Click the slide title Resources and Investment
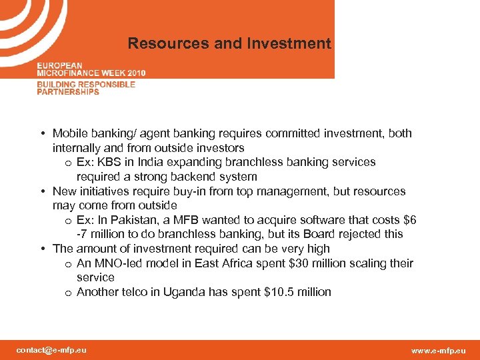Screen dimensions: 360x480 click(229, 44)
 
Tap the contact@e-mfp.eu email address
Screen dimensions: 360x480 click(51, 350)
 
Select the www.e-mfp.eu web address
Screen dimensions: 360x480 click(439, 351)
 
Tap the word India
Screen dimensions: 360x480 click(169, 162)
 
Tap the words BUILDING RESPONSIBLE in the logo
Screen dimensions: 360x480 click(86, 85)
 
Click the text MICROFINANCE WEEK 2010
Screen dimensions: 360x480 click(91, 73)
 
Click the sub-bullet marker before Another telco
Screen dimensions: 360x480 click(69, 293)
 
